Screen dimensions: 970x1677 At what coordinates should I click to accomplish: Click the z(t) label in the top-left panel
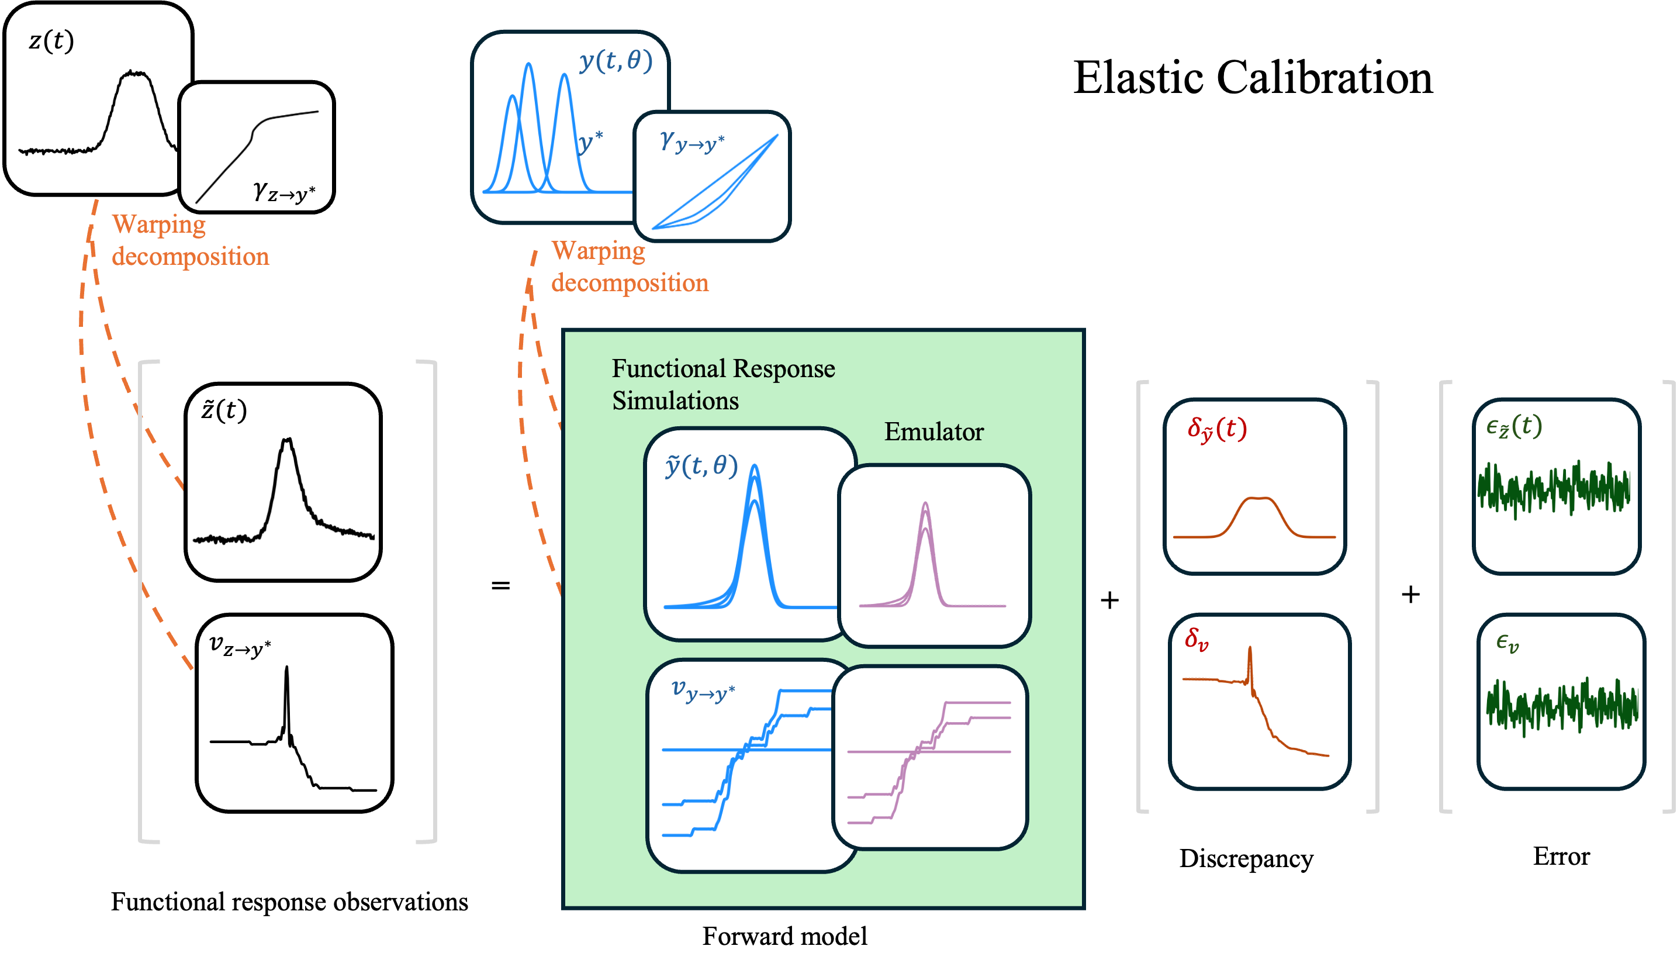[51, 42]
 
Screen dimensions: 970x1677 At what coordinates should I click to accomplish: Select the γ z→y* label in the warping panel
[284, 192]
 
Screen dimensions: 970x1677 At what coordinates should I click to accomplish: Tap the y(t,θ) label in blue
[616, 61]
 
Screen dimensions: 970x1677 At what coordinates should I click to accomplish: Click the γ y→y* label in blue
[692, 142]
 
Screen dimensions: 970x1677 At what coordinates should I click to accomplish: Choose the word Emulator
[933, 432]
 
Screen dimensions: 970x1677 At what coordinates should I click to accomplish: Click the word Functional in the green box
[668, 369]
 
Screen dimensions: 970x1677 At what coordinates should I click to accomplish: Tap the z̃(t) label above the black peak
[224, 409]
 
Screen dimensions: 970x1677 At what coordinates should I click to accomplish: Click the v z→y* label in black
[240, 645]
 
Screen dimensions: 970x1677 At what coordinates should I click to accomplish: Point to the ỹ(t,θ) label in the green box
[701, 466]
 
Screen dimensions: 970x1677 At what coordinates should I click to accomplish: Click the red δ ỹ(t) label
[1216, 429]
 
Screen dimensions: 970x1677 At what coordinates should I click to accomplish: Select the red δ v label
[1196, 640]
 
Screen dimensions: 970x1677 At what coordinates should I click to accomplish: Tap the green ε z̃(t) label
[1514, 426]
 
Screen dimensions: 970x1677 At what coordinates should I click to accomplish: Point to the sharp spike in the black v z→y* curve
[287, 669]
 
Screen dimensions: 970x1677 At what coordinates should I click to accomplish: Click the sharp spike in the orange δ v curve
[1250, 649]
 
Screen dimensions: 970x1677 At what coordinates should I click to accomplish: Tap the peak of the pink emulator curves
[925, 505]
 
